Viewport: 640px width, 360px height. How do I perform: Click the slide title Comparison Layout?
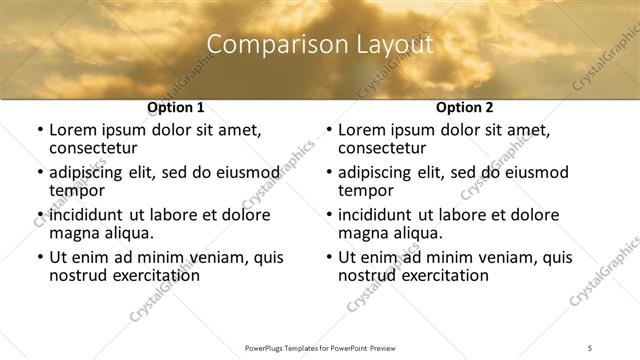coord(319,44)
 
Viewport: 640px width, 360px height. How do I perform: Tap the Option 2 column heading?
coord(464,107)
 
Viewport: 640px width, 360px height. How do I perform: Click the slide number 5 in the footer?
coord(591,346)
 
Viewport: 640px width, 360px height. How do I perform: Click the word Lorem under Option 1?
coord(73,130)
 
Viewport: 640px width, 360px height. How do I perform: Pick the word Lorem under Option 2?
coord(362,130)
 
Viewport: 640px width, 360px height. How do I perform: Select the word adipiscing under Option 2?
coord(378,172)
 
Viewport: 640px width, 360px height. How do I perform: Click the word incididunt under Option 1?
coord(89,215)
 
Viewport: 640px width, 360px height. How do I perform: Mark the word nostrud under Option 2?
coord(366,276)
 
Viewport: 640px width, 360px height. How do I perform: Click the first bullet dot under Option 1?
coord(38,131)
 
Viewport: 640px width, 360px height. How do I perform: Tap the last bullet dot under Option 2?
coord(328,258)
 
